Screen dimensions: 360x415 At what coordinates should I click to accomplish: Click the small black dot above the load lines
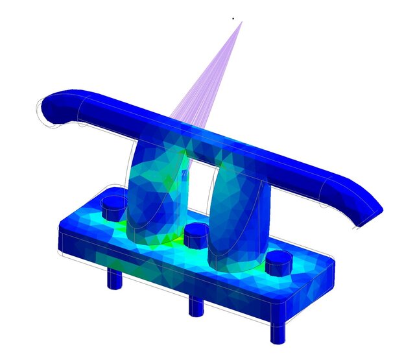(x=233, y=18)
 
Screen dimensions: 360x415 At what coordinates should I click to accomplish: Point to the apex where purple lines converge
(x=242, y=22)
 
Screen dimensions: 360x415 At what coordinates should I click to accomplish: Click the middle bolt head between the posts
(x=196, y=235)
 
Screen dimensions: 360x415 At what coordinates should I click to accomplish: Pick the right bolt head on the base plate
(x=279, y=261)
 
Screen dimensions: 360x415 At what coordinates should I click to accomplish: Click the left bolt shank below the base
(x=115, y=279)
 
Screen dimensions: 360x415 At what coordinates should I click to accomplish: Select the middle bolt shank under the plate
(x=196, y=305)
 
